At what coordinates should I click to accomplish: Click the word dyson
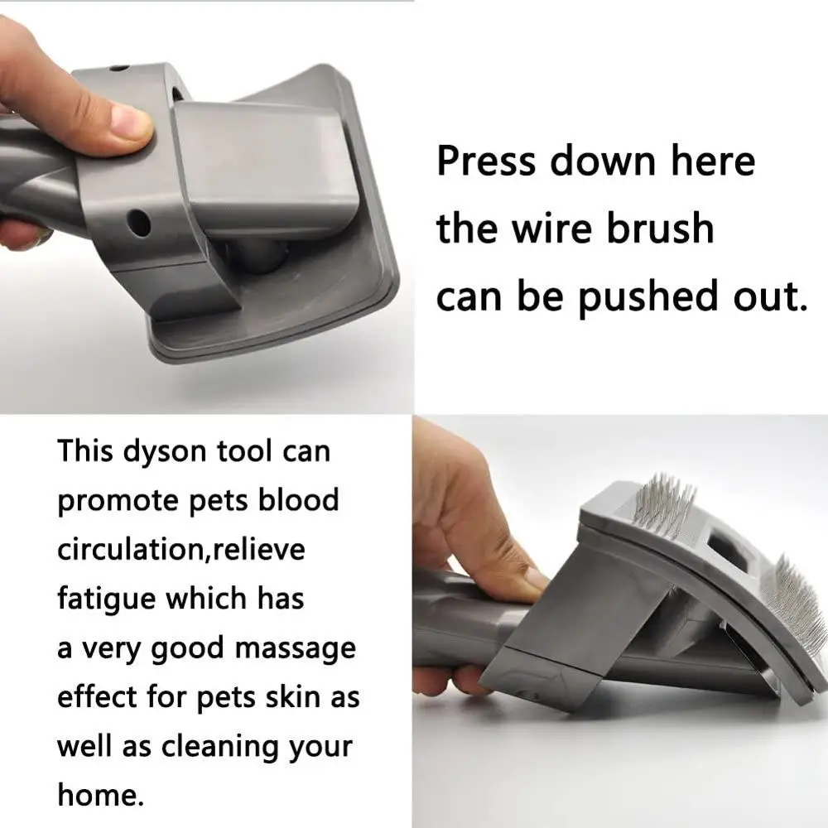168,453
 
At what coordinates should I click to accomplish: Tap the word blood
298,501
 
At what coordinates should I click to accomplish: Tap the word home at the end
99,794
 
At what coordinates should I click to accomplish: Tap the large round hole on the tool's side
139,222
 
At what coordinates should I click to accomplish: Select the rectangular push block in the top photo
263,170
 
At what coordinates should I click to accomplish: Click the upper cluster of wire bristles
662,503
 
